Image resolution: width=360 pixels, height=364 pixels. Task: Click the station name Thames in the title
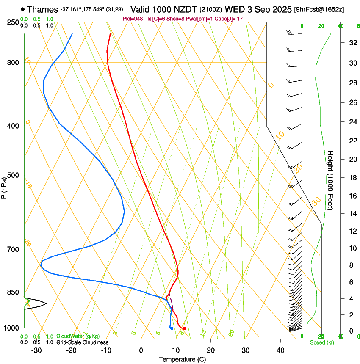tap(43, 9)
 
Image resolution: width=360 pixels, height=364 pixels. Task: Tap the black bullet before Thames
tap(22, 9)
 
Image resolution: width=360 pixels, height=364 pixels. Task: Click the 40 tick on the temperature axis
tap(280, 350)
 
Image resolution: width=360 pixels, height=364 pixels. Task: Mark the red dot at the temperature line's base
tap(184, 328)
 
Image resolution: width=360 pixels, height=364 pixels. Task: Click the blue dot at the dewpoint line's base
tap(171, 328)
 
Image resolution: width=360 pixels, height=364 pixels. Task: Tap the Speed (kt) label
tap(321, 342)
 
